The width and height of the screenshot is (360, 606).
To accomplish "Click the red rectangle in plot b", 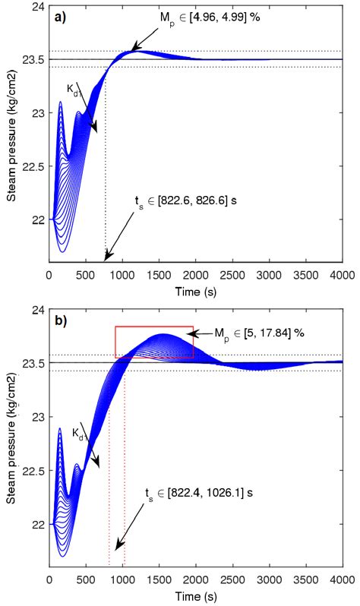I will (x=154, y=342).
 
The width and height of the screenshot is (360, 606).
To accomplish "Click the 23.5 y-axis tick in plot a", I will (x=34, y=59).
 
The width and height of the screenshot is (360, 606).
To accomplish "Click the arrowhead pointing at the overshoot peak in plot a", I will (x=134, y=50).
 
